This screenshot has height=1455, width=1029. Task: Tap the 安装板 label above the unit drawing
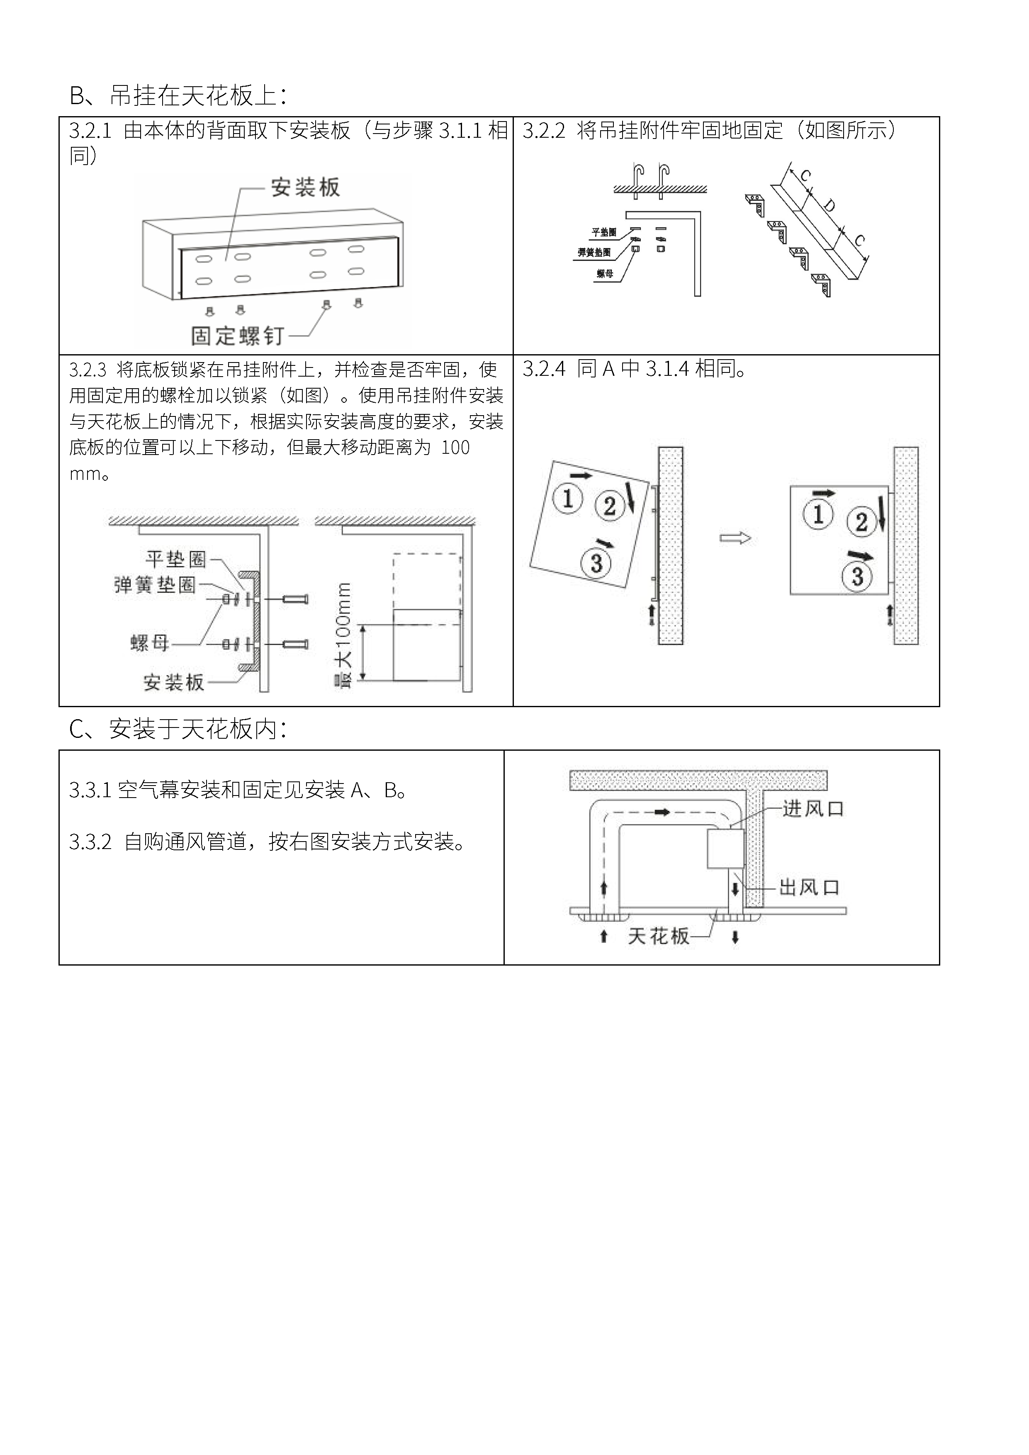[x=305, y=187]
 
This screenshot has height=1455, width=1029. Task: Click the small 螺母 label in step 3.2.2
[x=605, y=274]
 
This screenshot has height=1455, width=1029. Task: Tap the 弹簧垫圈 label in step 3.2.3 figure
[x=155, y=585]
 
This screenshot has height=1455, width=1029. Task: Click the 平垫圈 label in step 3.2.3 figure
[x=175, y=559]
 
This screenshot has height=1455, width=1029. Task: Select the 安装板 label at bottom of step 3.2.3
[x=174, y=683]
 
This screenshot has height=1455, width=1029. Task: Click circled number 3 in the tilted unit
[x=596, y=563]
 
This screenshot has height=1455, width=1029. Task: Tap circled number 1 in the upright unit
[x=818, y=514]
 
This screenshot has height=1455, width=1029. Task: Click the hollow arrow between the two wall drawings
[x=735, y=539]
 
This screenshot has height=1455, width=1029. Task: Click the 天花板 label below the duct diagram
[x=658, y=936]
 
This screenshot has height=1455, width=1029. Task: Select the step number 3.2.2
[x=544, y=131]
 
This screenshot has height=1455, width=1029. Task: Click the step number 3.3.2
[x=90, y=843]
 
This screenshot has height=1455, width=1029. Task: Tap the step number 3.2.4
[x=544, y=369]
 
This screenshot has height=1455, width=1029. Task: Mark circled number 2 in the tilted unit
[x=610, y=506]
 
